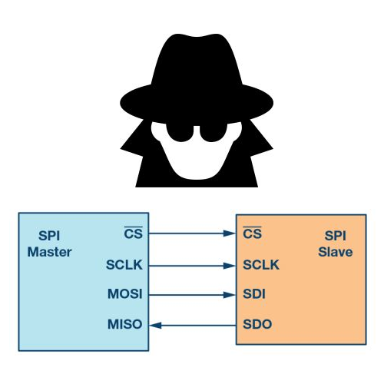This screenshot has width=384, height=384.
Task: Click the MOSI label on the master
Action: (125, 294)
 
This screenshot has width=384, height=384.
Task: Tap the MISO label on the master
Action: (125, 324)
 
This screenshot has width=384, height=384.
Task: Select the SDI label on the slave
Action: (254, 294)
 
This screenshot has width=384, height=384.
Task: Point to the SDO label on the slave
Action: (257, 324)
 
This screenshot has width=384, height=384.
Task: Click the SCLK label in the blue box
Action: (124, 265)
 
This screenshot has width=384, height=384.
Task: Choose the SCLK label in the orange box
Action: (261, 265)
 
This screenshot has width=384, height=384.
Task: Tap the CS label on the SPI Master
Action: (134, 233)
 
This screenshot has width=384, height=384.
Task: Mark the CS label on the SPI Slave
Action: (253, 233)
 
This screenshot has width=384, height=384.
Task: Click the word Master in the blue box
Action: (49, 252)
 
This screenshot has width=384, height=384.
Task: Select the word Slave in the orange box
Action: (336, 252)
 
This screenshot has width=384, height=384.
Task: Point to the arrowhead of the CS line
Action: (230, 233)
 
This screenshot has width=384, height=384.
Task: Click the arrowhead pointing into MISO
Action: (155, 326)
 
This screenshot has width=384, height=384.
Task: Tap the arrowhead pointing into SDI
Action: (230, 295)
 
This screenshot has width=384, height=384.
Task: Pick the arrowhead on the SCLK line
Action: (230, 266)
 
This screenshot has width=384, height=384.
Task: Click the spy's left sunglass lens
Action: (180, 131)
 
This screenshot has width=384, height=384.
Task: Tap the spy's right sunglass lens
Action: (214, 132)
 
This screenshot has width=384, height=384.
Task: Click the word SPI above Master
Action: (49, 236)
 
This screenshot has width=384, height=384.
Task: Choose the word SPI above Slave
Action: (336, 236)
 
